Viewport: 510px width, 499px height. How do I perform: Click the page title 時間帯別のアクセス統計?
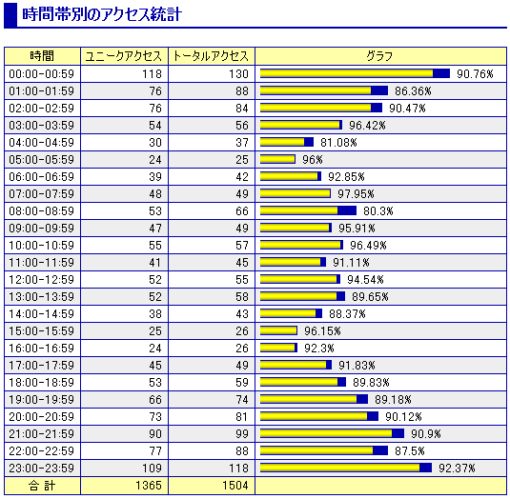click(x=102, y=14)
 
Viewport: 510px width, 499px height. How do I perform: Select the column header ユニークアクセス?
click(x=124, y=56)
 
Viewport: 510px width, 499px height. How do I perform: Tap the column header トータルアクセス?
click(x=211, y=56)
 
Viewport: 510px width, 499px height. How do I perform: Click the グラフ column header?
click(x=379, y=56)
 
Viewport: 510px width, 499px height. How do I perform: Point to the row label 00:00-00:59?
click(x=42, y=74)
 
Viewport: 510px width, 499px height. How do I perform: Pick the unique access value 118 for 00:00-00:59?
click(x=152, y=74)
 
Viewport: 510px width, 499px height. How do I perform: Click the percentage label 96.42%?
click(x=367, y=126)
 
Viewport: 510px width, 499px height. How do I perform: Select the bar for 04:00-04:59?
click(x=287, y=142)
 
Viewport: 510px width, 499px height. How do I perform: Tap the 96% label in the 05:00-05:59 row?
click(x=313, y=160)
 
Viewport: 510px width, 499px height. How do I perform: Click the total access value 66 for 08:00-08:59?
click(x=242, y=211)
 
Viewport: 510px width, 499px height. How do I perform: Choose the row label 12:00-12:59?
click(x=42, y=280)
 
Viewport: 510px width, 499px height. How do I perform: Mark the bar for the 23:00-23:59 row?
click(x=346, y=468)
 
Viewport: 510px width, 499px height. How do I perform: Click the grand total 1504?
click(x=235, y=486)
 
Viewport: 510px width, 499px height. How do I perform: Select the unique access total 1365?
click(x=149, y=486)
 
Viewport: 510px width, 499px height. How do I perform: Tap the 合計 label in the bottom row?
click(x=42, y=486)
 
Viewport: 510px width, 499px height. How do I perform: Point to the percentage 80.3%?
click(x=378, y=211)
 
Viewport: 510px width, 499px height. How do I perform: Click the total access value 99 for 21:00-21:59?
click(x=242, y=433)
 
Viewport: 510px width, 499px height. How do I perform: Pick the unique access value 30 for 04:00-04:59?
click(x=155, y=143)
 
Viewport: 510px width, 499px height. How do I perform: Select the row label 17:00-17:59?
click(x=42, y=366)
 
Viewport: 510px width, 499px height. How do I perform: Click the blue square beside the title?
click(x=10, y=15)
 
